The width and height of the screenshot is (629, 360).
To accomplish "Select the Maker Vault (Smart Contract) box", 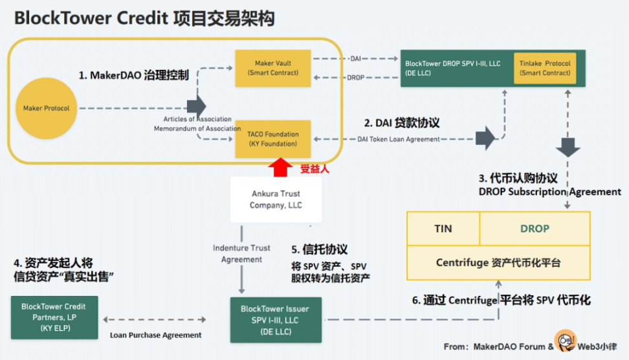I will pos(272,67).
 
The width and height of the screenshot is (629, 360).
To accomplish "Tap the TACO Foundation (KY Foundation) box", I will pos(272,139).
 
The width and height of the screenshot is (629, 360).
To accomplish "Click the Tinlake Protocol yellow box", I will pos(545,68).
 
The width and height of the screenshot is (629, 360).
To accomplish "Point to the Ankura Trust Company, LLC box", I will pos(276,199).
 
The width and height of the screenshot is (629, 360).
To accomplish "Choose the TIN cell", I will pos(443,229).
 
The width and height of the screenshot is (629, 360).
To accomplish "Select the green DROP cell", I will pos(535,229).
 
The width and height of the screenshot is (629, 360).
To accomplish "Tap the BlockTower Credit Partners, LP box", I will pos(53,317).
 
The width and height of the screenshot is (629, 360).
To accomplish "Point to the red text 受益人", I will pos(316,169).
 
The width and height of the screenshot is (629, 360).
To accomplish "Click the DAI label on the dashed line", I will pos(357,59).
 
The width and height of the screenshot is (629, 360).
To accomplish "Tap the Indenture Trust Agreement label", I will pos(241,253).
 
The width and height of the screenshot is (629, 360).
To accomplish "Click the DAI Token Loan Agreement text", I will pos(399,139).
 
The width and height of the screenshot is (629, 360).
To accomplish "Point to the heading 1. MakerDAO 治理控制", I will pos(133,76).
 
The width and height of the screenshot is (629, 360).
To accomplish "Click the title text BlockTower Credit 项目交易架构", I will pos(144,18).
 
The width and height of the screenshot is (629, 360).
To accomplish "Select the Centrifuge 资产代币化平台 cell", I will pos(498,263).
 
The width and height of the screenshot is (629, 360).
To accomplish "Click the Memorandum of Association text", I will pos(197,128).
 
